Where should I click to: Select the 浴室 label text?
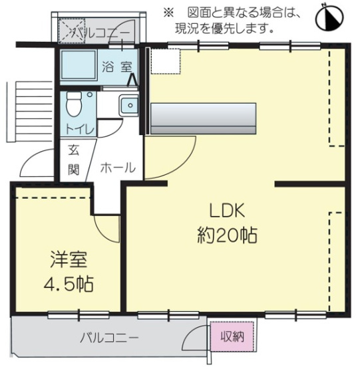pos(117,66)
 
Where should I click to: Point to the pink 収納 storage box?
pos(228,336)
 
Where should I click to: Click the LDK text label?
pos(228,211)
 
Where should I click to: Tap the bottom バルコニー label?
pos(110,337)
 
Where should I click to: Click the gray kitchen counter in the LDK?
pos(204,118)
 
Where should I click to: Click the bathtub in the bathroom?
pos(79,65)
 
